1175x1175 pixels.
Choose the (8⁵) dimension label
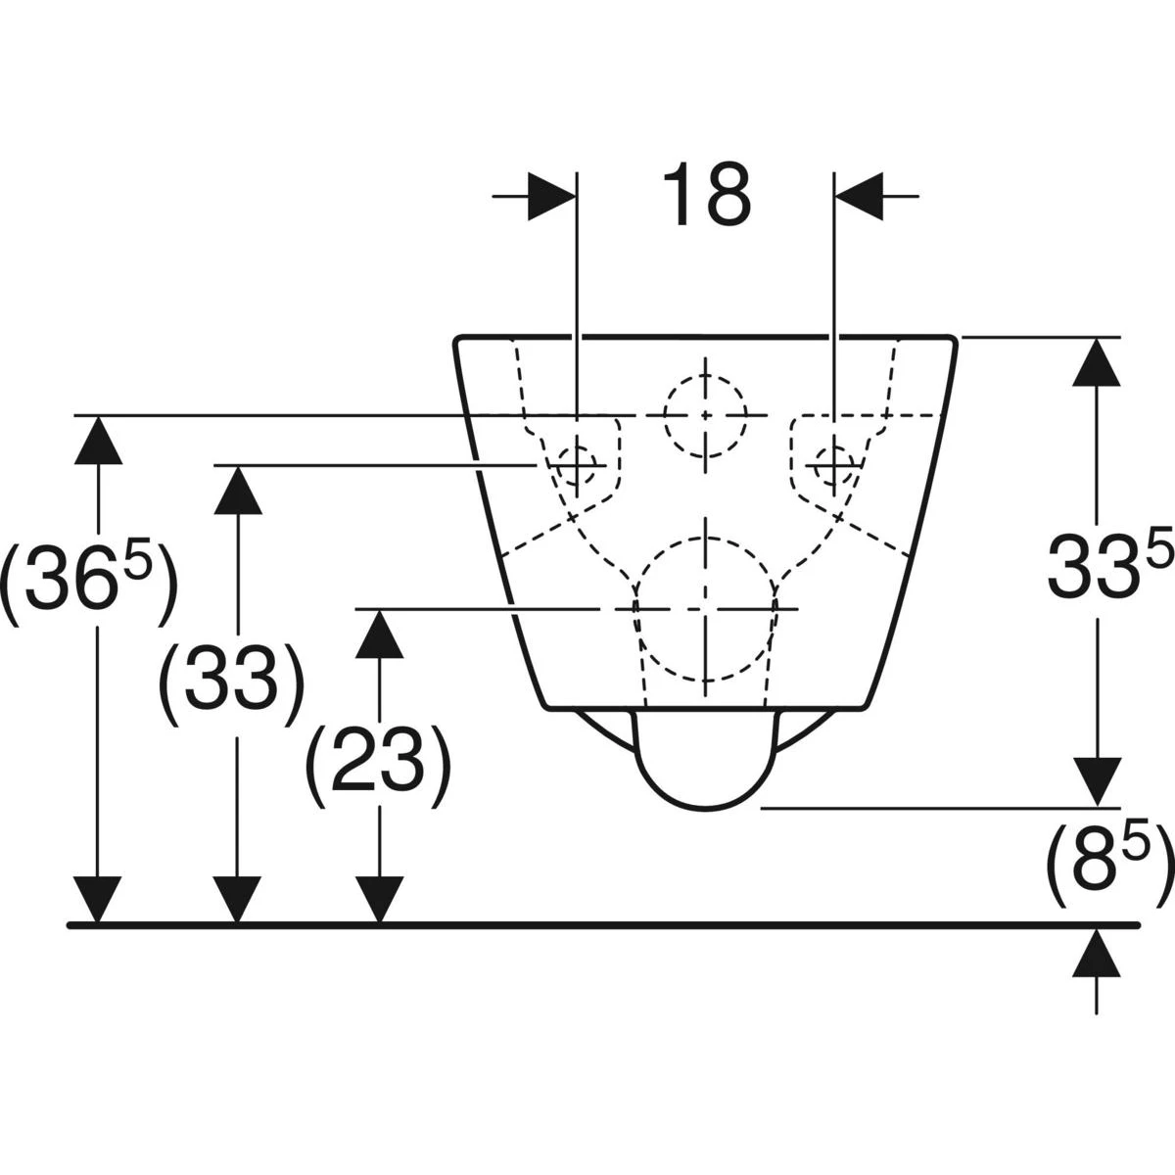tap(1109, 867)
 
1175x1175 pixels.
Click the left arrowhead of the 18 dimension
tap(551, 197)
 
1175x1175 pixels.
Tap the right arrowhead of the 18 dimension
tap(859, 197)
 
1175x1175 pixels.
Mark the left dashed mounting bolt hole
tap(577, 465)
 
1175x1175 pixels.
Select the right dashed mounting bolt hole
tap(834, 465)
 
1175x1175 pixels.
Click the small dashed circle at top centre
tap(705, 415)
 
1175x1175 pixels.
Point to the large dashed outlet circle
tap(705, 609)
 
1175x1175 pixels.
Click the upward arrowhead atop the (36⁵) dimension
tap(98, 442)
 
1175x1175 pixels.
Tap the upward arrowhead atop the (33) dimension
tap(238, 491)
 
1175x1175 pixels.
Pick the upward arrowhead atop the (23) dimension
tap(379, 634)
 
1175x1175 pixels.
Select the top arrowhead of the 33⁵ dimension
tap(1097, 362)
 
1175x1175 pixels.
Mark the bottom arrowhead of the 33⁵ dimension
tap(1097, 781)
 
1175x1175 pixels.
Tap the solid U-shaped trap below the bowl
tap(705, 760)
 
